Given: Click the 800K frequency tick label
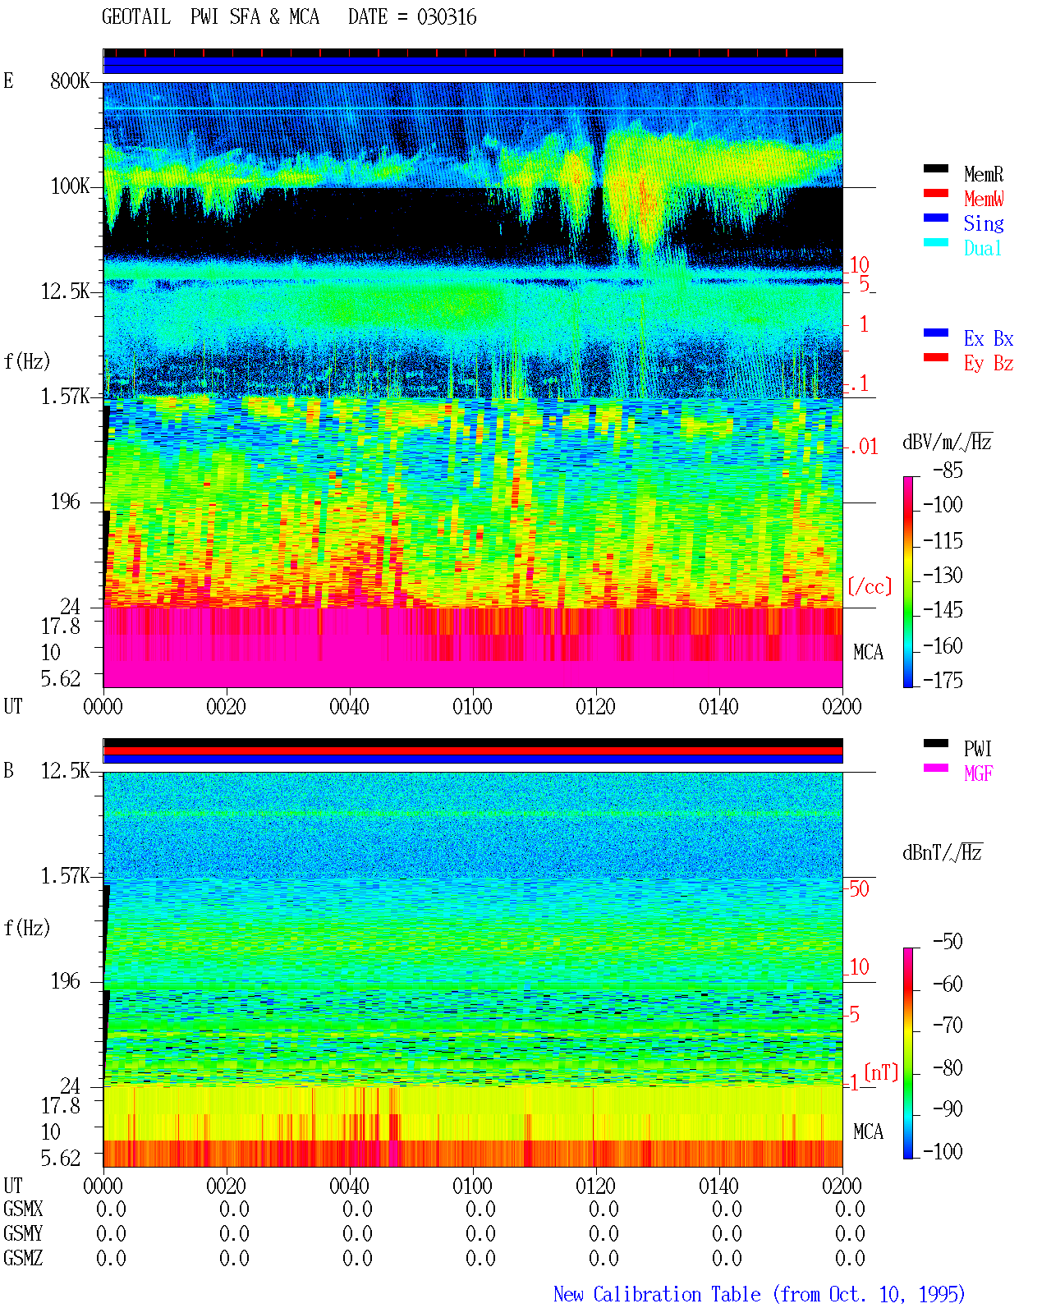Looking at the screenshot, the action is pyautogui.click(x=69, y=80).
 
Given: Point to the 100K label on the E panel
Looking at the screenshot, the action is pyautogui.click(x=69, y=186).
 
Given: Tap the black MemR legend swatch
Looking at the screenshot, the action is pyautogui.click(x=935, y=168).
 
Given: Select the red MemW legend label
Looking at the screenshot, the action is pyautogui.click(x=984, y=199).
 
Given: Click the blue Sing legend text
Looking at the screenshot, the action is pyautogui.click(x=984, y=223).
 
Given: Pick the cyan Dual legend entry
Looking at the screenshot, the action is pyautogui.click(x=983, y=248).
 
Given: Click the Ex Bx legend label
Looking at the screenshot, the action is pyautogui.click(x=989, y=338).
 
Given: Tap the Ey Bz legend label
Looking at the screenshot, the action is pyautogui.click(x=989, y=364).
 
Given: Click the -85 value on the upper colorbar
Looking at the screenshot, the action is pyautogui.click(x=948, y=470).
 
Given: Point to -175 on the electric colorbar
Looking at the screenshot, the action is pyautogui.click(x=943, y=680).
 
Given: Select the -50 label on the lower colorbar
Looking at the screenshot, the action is pyautogui.click(x=948, y=942).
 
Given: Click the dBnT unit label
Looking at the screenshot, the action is pyautogui.click(x=942, y=853).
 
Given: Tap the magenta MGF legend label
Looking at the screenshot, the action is pyautogui.click(x=979, y=773).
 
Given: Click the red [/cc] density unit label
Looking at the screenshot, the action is pyautogui.click(x=870, y=586).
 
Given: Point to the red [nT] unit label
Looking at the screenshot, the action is pyautogui.click(x=881, y=1072).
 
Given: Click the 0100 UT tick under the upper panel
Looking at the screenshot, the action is pyautogui.click(x=472, y=706).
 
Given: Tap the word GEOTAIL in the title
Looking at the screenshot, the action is pyautogui.click(x=136, y=16).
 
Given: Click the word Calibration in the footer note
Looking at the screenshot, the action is pyautogui.click(x=677, y=1295).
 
